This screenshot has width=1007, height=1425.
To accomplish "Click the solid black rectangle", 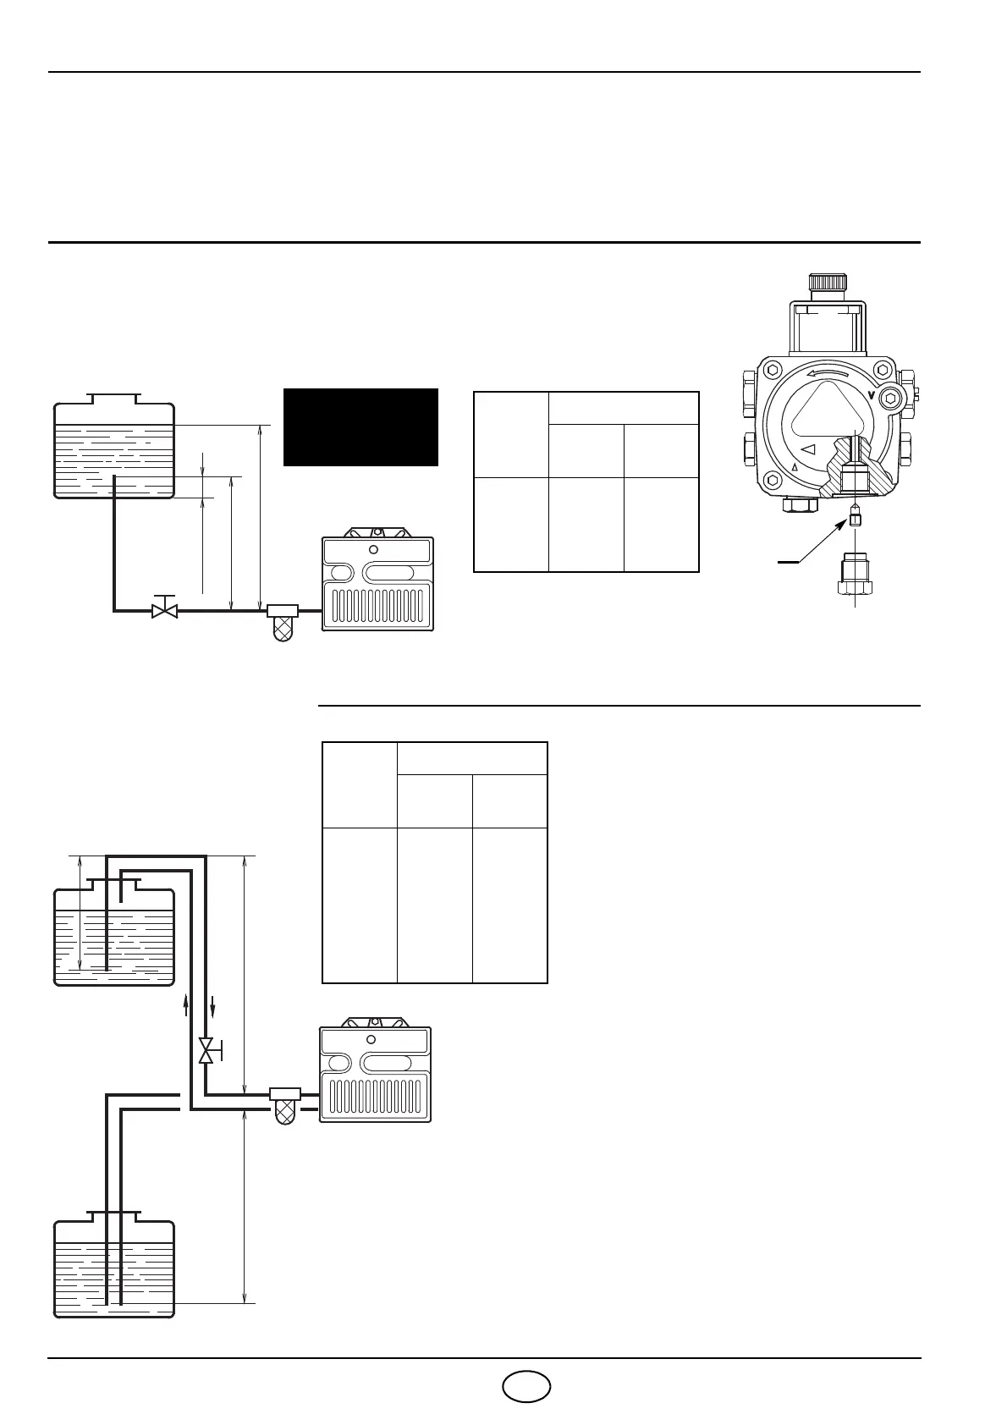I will (360, 427).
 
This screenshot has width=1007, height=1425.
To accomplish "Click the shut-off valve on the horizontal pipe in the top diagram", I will (164, 609).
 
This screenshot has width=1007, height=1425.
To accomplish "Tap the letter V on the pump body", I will (872, 395).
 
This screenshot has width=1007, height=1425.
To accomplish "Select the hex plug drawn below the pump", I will (856, 578).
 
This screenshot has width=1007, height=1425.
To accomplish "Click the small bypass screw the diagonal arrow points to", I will (855, 518).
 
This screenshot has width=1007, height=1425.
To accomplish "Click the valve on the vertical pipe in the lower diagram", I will (206, 1052).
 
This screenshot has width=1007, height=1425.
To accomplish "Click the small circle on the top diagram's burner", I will (374, 549).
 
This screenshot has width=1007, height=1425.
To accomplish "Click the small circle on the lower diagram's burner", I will (371, 1039).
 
